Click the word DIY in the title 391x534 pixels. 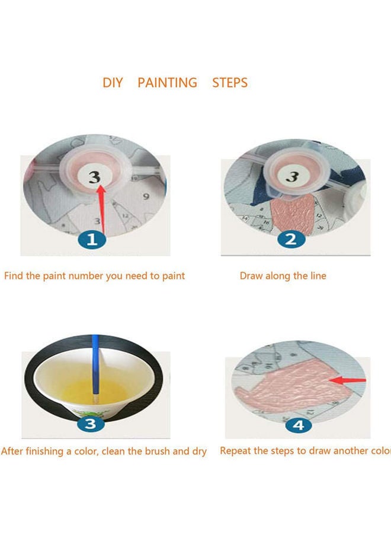(113, 82)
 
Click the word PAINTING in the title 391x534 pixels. (167, 82)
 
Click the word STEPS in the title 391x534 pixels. (230, 82)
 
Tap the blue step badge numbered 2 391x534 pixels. (290, 240)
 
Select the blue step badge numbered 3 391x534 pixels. (91, 424)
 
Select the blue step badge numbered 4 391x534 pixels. (298, 425)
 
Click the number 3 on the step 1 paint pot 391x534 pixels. (94, 176)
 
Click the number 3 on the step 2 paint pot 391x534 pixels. (291, 176)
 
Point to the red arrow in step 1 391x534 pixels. (103, 208)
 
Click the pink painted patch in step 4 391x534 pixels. (290, 386)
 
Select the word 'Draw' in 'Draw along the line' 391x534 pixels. (251, 276)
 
